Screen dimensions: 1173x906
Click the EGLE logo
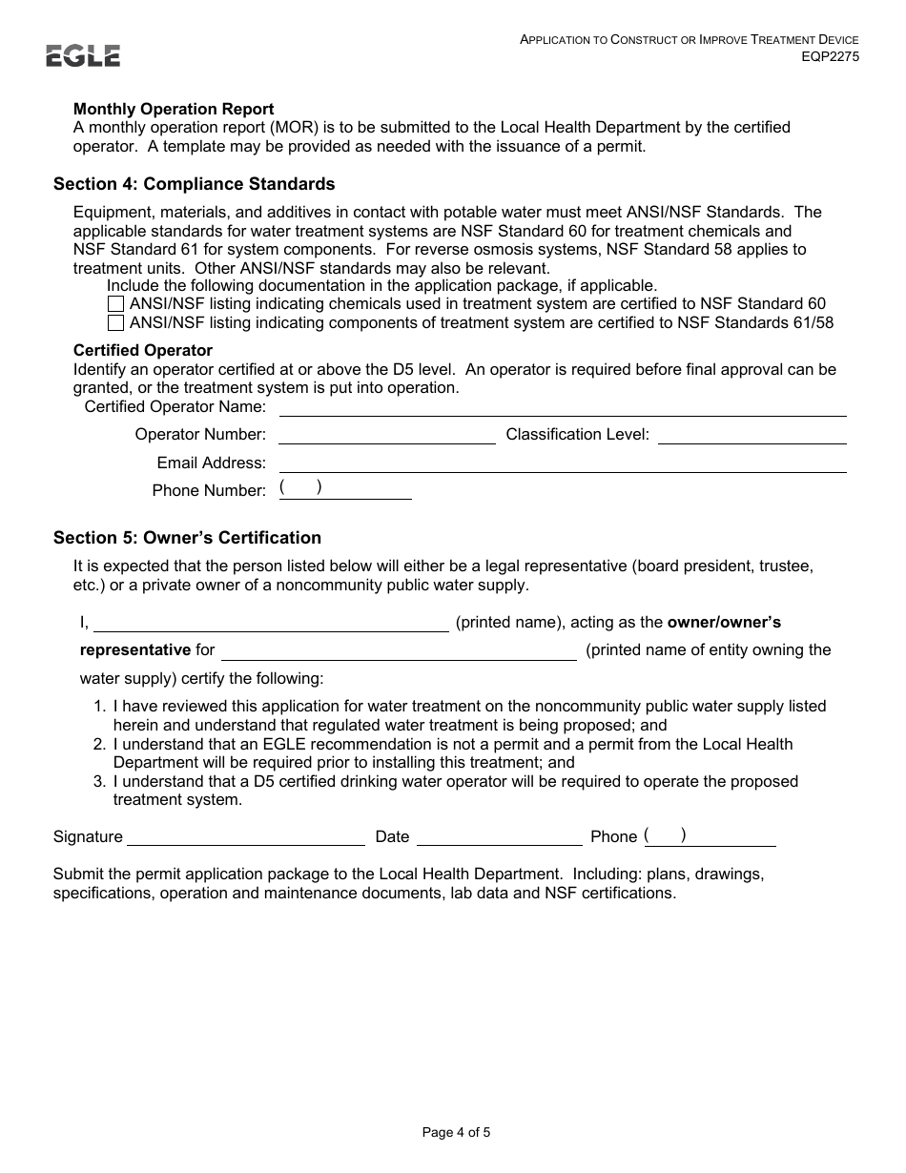click(83, 56)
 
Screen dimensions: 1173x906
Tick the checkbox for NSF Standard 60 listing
click(115, 304)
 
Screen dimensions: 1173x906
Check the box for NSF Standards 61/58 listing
click(115, 322)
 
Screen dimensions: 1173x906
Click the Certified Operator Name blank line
click(562, 407)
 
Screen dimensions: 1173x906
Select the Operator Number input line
click(386, 435)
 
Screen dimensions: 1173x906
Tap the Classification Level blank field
click(752, 435)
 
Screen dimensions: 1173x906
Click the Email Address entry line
click(562, 463)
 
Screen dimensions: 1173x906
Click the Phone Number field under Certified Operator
click(344, 489)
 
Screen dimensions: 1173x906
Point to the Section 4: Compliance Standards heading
click(194, 183)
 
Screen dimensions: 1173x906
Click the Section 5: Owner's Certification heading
click(187, 538)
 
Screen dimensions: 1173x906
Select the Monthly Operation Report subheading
click(174, 109)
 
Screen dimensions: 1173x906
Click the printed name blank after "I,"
click(271, 623)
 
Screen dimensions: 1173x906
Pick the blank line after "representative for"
click(399, 650)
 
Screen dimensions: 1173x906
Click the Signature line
click(246, 836)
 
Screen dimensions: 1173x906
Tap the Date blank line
click(499, 836)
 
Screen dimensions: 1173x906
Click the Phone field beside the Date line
click(710, 836)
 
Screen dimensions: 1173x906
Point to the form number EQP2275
click(830, 56)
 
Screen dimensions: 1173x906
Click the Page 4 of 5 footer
click(456, 1133)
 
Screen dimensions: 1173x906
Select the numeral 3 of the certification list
click(98, 782)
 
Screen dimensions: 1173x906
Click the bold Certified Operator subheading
click(143, 350)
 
